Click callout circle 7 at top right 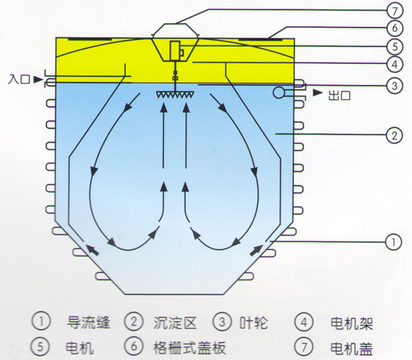tap(395, 11)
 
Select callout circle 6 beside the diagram tap(395, 28)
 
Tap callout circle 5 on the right tap(395, 47)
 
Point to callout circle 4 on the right tap(395, 64)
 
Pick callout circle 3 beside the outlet tap(395, 86)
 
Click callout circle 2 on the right tap(394, 135)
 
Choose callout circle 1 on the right tap(393, 242)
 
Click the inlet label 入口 tap(19, 79)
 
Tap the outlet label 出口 tap(339, 95)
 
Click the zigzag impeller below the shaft tap(175, 94)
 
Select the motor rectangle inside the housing tap(175, 50)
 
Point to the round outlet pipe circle tap(279, 92)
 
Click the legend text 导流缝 tap(89, 323)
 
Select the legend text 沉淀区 tap(175, 323)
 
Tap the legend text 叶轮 tap(254, 323)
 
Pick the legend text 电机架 tap(351, 323)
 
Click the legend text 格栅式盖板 tap(189, 347)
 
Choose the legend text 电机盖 tap(351, 348)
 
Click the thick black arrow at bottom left tap(92, 249)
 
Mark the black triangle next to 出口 tap(318, 92)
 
